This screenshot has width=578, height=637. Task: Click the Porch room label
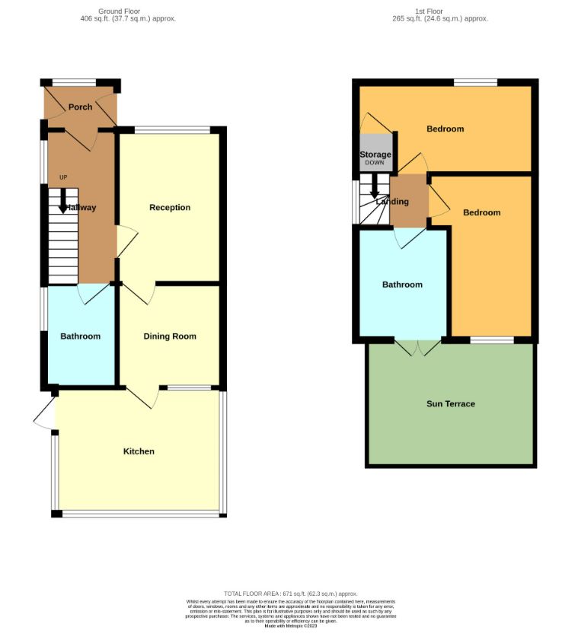click(x=80, y=107)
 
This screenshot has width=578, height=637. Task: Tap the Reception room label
click(x=170, y=208)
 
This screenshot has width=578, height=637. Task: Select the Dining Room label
click(x=170, y=336)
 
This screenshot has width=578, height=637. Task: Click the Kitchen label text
click(x=139, y=451)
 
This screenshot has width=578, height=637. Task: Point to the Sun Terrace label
click(x=450, y=404)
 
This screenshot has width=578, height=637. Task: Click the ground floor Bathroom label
click(x=80, y=336)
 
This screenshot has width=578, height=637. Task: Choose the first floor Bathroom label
click(x=402, y=285)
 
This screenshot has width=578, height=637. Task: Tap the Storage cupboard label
click(x=375, y=154)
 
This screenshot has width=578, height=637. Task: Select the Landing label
click(x=393, y=202)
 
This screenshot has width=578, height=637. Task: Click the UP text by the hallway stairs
click(x=63, y=178)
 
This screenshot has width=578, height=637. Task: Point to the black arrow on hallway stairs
click(x=63, y=203)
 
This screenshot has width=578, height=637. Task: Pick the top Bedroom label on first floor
click(x=445, y=129)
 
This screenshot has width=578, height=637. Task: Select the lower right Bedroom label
click(x=481, y=212)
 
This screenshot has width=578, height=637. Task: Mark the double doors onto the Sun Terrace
click(x=418, y=347)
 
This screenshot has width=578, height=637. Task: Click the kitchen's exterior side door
click(x=44, y=414)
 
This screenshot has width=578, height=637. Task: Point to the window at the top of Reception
click(x=172, y=129)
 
